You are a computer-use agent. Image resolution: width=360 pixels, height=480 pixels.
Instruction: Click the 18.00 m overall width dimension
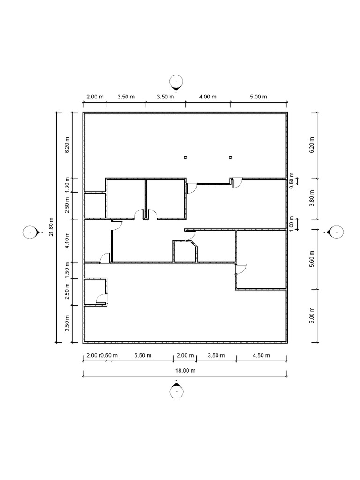coord(185,370)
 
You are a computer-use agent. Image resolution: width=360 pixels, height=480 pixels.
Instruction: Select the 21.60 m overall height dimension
coord(51,227)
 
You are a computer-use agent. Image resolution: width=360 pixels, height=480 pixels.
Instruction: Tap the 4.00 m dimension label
coord(208,97)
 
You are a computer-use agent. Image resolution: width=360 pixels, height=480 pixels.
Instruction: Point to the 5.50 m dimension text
coord(142,355)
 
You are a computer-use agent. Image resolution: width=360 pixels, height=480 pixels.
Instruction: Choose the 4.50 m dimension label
coord(261,355)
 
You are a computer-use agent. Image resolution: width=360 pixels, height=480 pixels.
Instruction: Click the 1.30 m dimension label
coord(67,186)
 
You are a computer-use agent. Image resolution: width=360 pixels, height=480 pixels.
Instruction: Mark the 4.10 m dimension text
coord(67,240)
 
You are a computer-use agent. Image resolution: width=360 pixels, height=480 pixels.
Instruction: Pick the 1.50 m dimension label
coord(67,270)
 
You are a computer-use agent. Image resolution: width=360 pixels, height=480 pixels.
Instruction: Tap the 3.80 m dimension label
coord(312,198)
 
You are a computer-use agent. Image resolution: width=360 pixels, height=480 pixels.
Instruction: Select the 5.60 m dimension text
coord(312,259)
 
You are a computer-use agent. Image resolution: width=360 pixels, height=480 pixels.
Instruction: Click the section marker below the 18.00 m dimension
coord(176,390)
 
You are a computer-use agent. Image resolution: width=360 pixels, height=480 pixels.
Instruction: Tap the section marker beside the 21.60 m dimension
coord(32,232)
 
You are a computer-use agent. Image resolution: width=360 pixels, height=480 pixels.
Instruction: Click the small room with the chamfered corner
coord(185,252)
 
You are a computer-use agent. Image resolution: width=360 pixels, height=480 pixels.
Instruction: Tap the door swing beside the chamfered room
coord(191,236)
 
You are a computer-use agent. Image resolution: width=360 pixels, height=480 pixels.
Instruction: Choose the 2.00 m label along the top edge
coord(95,97)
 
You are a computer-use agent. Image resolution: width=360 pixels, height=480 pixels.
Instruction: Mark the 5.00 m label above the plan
coord(258,97)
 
